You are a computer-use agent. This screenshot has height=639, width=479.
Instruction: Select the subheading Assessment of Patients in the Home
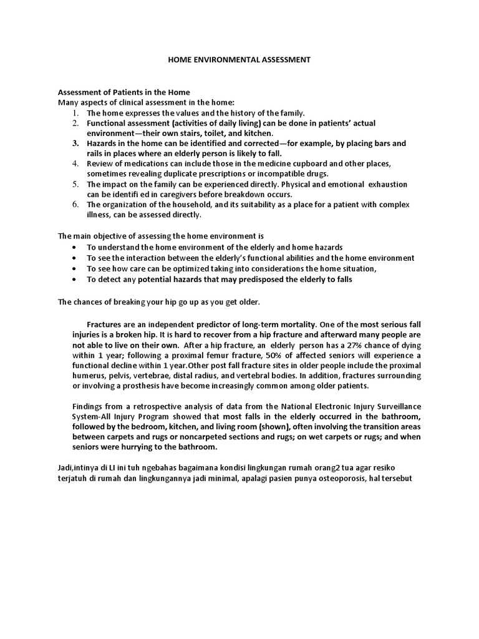pyautogui.click(x=124, y=92)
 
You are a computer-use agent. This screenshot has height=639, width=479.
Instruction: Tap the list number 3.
pyautogui.click(x=74, y=144)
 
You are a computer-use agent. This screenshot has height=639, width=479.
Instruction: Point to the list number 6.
pyautogui.click(x=74, y=205)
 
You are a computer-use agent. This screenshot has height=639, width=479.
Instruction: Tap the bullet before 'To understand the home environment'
pyautogui.click(x=74, y=248)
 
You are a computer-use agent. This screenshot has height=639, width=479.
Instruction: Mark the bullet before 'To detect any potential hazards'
pyautogui.click(x=74, y=280)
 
